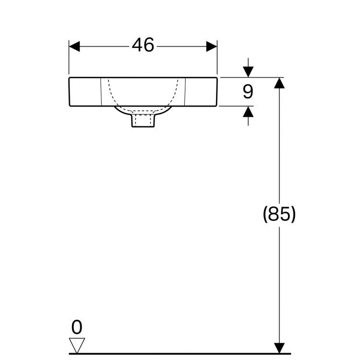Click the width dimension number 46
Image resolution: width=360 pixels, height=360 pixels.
tap(143, 46)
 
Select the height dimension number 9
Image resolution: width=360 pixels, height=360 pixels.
tap(248, 91)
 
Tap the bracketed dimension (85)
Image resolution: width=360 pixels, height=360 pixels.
tap(279, 214)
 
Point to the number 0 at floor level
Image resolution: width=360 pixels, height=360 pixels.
tap(77, 327)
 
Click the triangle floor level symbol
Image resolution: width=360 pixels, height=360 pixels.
tap(77, 345)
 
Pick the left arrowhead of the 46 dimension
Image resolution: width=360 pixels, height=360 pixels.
tap(75, 46)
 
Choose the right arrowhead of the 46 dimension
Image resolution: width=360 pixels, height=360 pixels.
tap(212, 46)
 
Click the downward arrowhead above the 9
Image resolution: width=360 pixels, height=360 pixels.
tap(248, 72)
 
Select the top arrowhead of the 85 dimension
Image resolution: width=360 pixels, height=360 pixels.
tap(279, 83)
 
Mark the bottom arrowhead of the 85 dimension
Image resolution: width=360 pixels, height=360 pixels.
tap(279, 348)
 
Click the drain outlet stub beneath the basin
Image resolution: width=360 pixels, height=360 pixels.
tap(143, 120)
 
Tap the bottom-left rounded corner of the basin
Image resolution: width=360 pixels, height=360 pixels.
tap(71, 105)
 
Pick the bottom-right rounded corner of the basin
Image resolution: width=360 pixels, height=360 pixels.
tap(216, 105)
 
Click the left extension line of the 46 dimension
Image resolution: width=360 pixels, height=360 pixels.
tap(70, 60)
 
